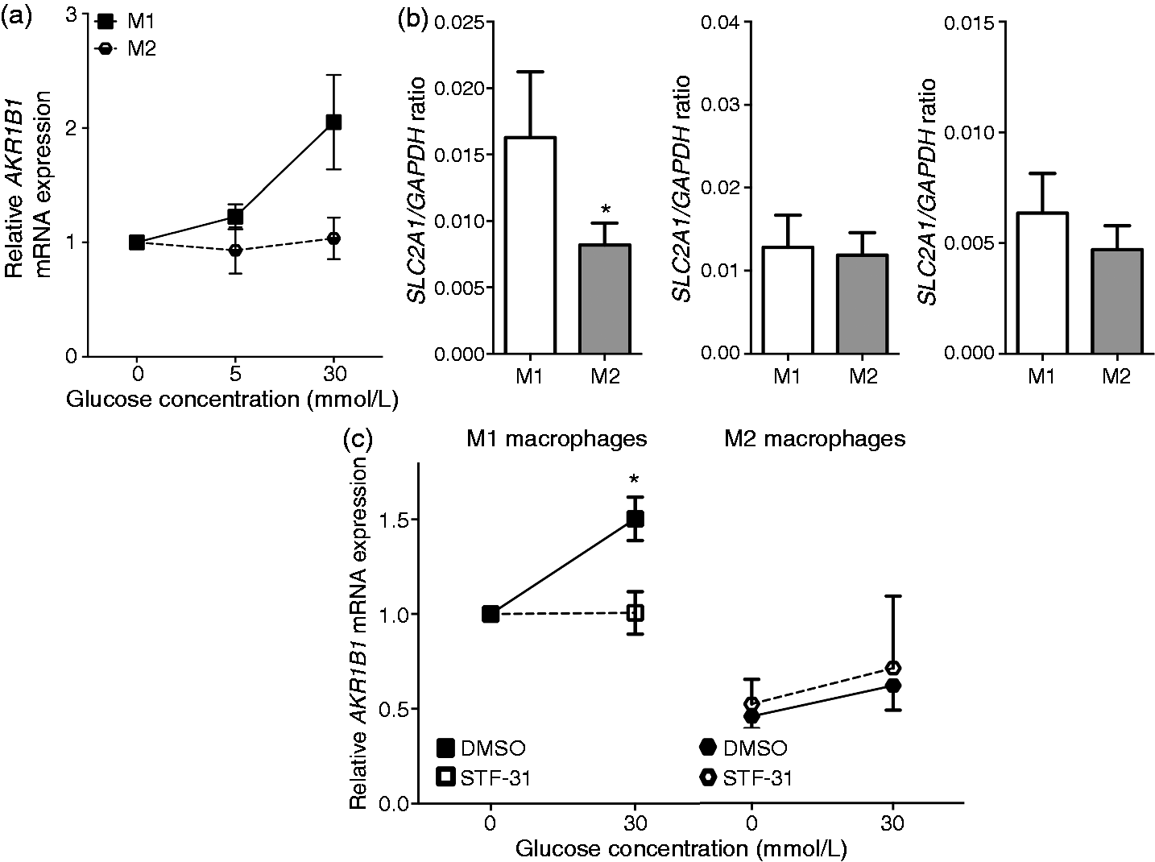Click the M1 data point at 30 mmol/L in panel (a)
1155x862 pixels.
point(333,122)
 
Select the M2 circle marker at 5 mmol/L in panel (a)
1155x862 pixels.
point(235,250)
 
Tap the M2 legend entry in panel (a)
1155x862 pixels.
point(126,49)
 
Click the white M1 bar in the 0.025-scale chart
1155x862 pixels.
point(530,245)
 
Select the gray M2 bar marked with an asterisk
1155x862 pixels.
point(605,298)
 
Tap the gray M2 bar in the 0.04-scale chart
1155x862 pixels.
point(863,304)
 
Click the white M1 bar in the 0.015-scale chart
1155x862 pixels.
point(1042,283)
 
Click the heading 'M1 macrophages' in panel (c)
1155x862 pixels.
point(557,438)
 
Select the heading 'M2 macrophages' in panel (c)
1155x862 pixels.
point(814,438)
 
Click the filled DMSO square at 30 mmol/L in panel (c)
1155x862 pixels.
point(635,519)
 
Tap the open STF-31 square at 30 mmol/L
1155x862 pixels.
point(635,613)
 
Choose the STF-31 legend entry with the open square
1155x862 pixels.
point(483,777)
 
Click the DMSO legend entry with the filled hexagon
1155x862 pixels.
point(743,748)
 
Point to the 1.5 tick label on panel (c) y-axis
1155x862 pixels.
point(391,520)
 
